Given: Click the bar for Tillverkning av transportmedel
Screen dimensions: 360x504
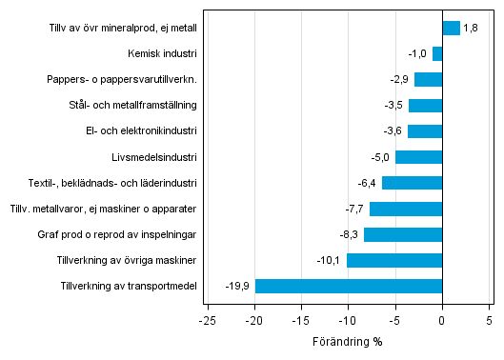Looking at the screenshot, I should click(349, 286).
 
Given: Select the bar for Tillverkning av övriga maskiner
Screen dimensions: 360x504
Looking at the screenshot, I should click(394, 260).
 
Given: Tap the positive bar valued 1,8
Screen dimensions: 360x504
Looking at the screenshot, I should click(451, 29).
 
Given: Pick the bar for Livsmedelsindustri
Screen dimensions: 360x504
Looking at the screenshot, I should click(418, 157).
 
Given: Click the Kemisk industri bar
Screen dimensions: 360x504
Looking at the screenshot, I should click(437, 54).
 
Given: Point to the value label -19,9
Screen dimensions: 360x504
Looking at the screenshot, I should click(236, 286).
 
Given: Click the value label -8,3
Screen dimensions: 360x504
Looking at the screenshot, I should click(348, 234).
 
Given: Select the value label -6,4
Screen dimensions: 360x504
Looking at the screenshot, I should click(366, 183).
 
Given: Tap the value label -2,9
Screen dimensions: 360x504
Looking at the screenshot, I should click(398, 80).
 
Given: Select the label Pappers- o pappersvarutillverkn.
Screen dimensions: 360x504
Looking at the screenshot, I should click(122, 80).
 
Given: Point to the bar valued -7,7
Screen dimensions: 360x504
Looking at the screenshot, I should click(406, 209).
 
